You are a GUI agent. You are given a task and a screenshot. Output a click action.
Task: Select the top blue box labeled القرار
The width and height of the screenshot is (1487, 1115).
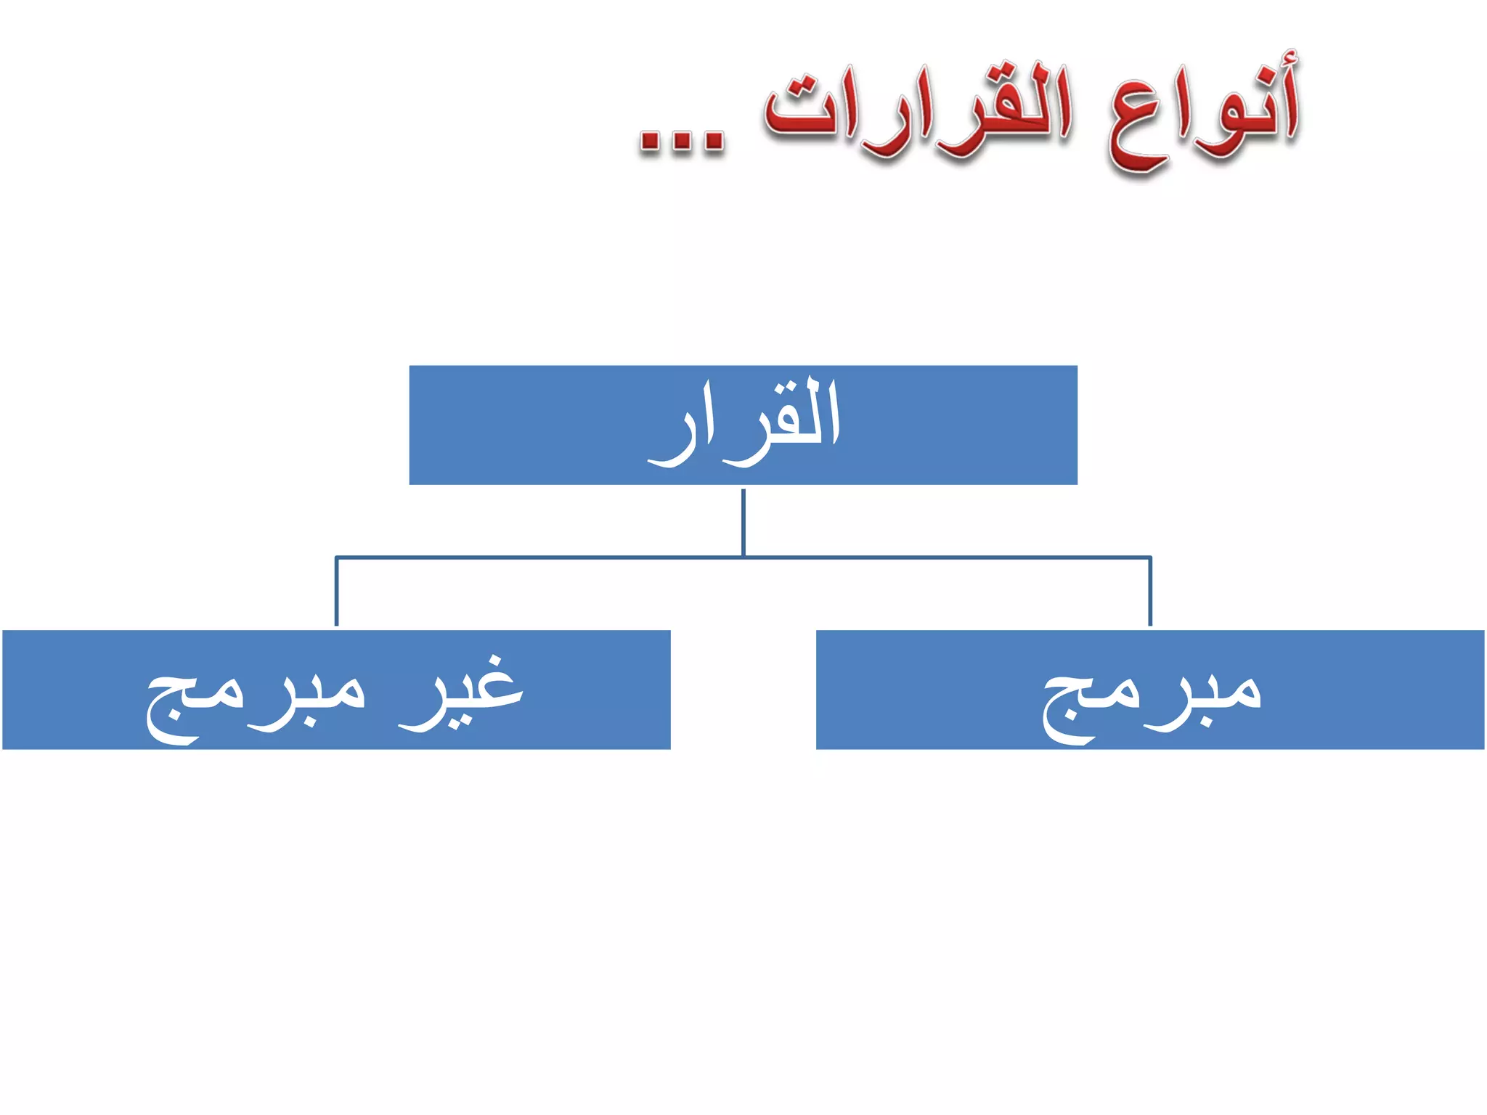[x=743, y=425]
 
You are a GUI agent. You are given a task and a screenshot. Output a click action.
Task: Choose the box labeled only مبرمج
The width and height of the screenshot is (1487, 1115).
[x=1149, y=689]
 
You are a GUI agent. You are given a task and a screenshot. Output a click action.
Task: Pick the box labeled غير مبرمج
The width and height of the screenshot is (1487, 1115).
[x=336, y=689]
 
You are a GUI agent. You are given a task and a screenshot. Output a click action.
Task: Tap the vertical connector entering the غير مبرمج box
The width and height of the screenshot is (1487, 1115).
[x=336, y=592]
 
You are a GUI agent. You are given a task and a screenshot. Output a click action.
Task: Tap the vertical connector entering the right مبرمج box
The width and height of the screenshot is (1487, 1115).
[x=1150, y=592]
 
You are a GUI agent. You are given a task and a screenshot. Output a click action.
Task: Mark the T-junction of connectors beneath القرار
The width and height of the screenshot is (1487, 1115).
[x=743, y=557]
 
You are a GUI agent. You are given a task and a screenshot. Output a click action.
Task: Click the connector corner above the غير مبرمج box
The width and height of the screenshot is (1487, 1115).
[x=336, y=557]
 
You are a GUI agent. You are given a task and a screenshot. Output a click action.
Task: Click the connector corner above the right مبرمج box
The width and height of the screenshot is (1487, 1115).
[x=1150, y=557]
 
